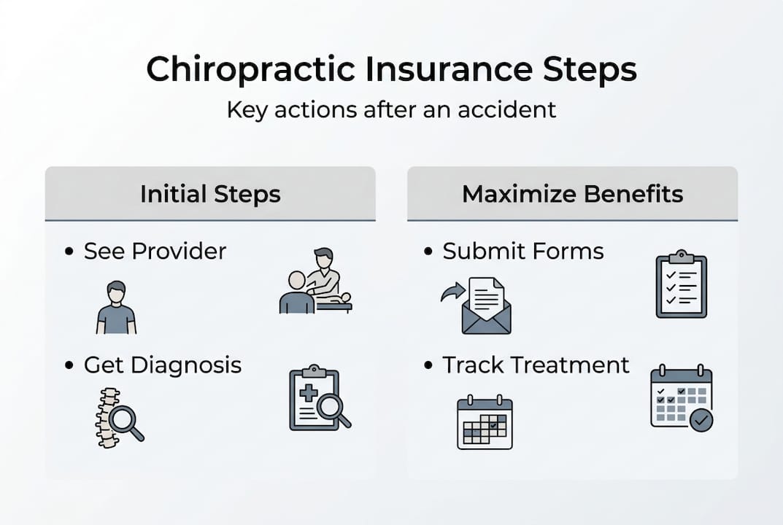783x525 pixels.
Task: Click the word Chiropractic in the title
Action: click(251, 70)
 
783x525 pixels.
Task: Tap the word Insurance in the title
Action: click(449, 69)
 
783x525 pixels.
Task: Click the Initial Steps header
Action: click(210, 194)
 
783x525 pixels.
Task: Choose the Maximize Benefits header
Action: click(572, 194)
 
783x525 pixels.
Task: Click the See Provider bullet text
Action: click(155, 251)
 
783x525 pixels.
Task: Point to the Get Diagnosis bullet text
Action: click(163, 365)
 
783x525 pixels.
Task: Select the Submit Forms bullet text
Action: click(522, 251)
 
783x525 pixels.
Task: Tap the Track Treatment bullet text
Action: click(536, 365)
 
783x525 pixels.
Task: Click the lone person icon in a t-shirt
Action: click(116, 308)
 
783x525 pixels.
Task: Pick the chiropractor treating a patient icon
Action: click(315, 281)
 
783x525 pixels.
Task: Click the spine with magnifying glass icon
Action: click(119, 418)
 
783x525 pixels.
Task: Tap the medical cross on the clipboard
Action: click(308, 393)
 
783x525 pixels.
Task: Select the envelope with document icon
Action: click(487, 306)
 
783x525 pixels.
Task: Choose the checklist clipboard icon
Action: click(681, 284)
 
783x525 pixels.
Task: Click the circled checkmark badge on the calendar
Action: click(701, 420)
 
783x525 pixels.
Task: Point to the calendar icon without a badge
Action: click(485, 422)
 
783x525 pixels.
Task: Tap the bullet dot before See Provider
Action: click(69, 251)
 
